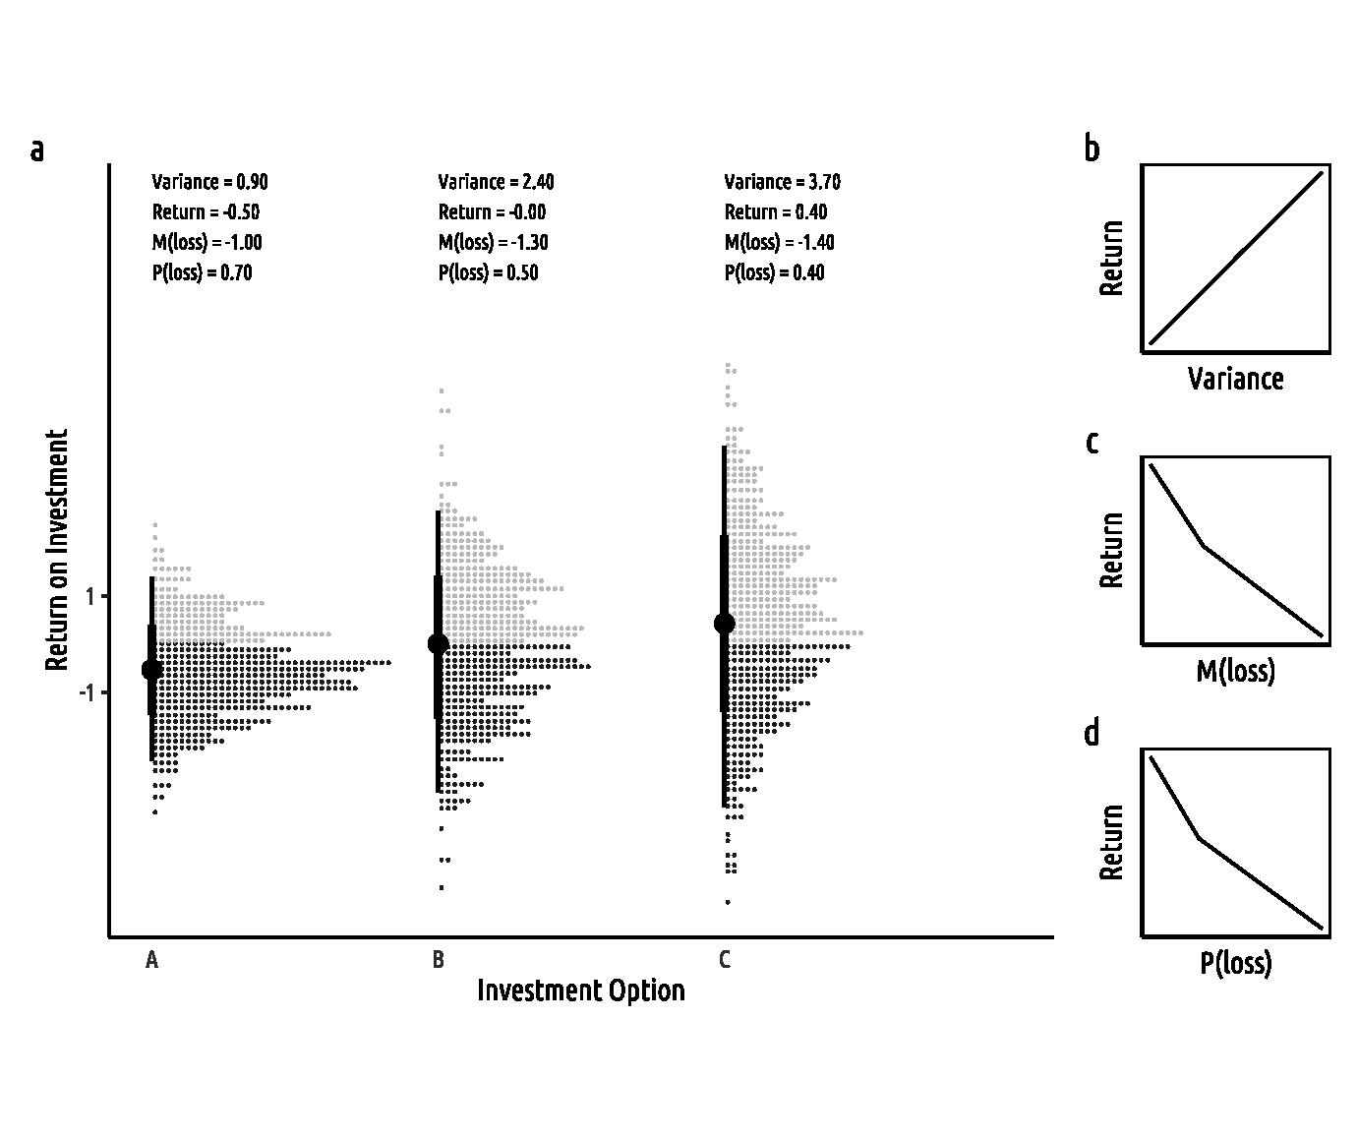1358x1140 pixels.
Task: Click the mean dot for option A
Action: [x=151, y=669]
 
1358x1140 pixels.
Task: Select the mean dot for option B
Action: [x=439, y=643]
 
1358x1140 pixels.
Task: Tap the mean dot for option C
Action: [x=725, y=624]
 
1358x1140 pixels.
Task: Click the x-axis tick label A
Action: [x=151, y=960]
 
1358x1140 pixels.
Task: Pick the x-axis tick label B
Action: [x=439, y=960]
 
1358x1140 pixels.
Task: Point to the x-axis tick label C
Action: [x=725, y=960]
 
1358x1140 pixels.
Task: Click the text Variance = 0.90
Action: [x=209, y=182]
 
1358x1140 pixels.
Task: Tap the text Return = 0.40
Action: [x=776, y=212]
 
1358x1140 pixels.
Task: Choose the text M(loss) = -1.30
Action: [x=493, y=243]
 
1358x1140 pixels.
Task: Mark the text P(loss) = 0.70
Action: [x=202, y=273]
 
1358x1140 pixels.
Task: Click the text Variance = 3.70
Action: [x=782, y=182]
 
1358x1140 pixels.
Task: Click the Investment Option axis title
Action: [x=580, y=990]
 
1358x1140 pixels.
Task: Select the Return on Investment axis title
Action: [x=57, y=551]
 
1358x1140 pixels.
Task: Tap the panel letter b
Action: [x=1092, y=149]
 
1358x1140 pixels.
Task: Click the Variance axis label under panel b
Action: [x=1235, y=379]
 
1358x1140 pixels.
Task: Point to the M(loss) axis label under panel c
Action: [x=1235, y=671]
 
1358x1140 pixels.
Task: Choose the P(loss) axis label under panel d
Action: [x=1235, y=963]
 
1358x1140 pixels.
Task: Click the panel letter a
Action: [x=37, y=150]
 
